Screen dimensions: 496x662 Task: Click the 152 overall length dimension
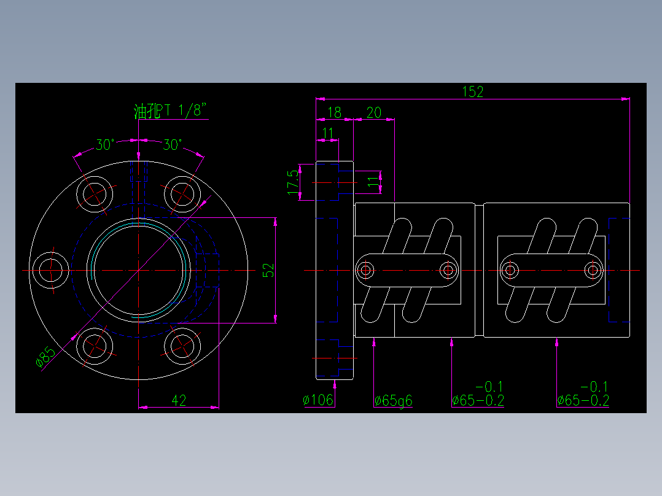pyautogui.click(x=472, y=91)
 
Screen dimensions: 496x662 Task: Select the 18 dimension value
pyautogui.click(x=334, y=112)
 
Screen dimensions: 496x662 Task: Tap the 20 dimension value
pyautogui.click(x=373, y=112)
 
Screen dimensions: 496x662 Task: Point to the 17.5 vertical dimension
pyautogui.click(x=294, y=182)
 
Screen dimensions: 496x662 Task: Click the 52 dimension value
pyautogui.click(x=268, y=270)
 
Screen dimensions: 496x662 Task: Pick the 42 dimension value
pyautogui.click(x=179, y=401)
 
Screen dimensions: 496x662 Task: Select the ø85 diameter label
pyautogui.click(x=45, y=358)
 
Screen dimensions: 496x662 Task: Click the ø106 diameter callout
pyautogui.click(x=318, y=401)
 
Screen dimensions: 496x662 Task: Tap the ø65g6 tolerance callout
pyautogui.click(x=394, y=401)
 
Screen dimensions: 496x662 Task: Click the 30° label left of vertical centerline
pyautogui.click(x=105, y=145)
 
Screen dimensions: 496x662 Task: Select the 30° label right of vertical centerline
pyautogui.click(x=173, y=145)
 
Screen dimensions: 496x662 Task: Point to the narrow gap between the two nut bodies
pyautogui.click(x=480, y=270)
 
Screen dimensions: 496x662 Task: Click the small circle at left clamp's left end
pyautogui.click(x=367, y=270)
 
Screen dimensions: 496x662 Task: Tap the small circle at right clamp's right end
pyautogui.click(x=593, y=270)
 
